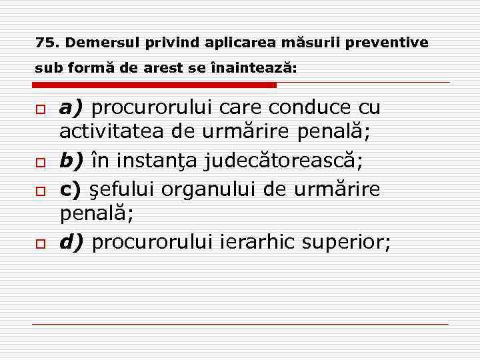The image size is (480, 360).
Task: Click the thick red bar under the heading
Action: pos(154,85)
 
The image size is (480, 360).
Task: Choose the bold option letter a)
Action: pos(72,107)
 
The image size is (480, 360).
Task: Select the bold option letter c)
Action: pos(71,189)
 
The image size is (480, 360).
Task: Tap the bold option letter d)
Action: pos(73,242)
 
